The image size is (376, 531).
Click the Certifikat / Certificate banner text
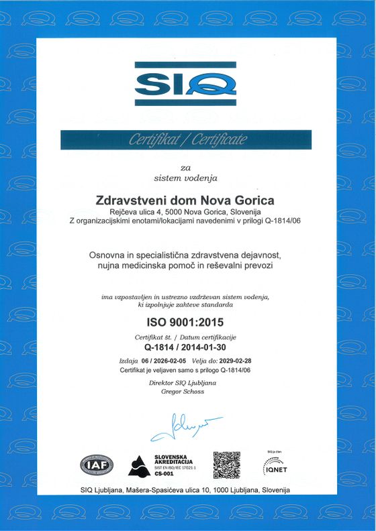(185, 140)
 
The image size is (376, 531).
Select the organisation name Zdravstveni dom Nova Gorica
(186, 200)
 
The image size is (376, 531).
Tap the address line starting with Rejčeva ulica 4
(186, 212)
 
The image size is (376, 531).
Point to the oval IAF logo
(97, 465)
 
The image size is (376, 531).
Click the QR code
(226, 465)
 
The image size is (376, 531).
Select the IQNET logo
(275, 465)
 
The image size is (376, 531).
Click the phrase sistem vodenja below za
(185, 178)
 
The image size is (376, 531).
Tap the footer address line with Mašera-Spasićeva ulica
(185, 490)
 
